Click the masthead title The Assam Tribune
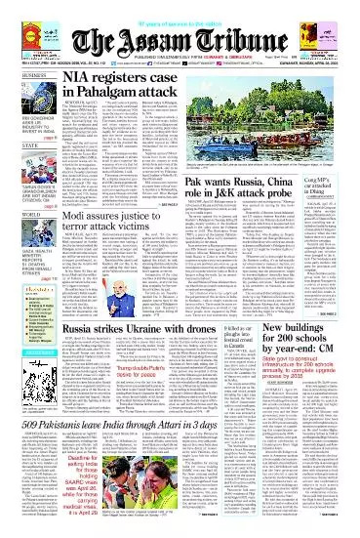click(180, 30)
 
